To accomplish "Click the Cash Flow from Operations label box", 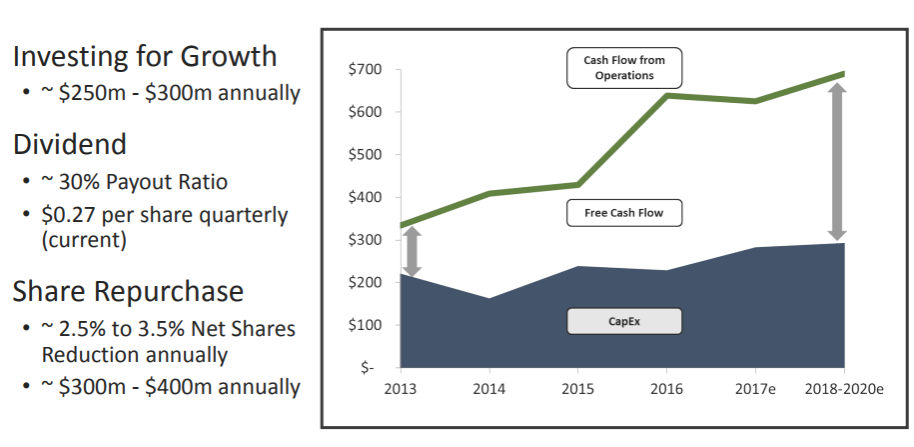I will [624, 68].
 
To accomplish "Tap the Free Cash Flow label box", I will [624, 213].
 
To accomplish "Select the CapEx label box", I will [624, 322].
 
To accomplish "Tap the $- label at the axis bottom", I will [367, 368].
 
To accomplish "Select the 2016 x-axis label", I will [666, 387].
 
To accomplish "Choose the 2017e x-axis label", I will [755, 387].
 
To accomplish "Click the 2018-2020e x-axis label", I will [845, 387].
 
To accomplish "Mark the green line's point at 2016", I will [666, 96].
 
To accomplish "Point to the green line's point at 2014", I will [488, 193].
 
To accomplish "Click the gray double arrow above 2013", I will [412, 251].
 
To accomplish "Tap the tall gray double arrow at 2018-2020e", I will [837, 161].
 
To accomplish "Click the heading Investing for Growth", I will [145, 56].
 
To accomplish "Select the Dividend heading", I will [70, 144].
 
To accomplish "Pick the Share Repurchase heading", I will [128, 291].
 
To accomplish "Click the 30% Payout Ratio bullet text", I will [140, 182].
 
